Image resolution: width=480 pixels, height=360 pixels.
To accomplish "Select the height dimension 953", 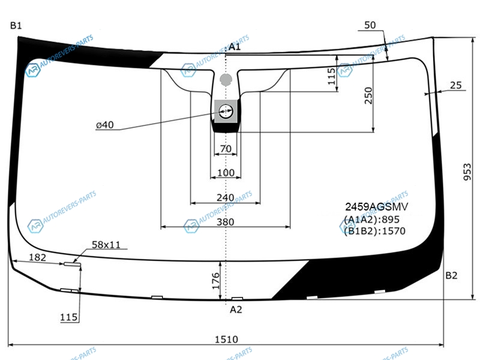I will click(467, 172).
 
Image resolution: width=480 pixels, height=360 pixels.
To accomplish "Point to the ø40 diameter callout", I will click(104, 125).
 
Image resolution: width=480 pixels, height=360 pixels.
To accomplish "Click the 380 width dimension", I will click(225, 222).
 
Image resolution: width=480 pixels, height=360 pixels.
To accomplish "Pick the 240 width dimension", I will click(225, 197).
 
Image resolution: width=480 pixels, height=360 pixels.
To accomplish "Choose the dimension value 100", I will click(226, 173).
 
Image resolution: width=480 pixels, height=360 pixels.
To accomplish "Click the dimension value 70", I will click(226, 148).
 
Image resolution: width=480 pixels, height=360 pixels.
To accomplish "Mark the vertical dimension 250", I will click(368, 96).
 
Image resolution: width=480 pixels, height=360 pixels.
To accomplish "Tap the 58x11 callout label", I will click(106, 245).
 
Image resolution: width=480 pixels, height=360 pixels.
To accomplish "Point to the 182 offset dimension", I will click(37, 257).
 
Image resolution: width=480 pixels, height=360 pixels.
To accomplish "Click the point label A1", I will click(235, 47).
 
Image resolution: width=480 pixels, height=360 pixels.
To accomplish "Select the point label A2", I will click(236, 310).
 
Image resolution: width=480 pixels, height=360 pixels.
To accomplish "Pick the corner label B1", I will click(16, 25).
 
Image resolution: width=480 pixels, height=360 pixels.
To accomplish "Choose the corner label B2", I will click(451, 275).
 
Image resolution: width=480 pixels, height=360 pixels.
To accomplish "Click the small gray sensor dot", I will click(226, 79).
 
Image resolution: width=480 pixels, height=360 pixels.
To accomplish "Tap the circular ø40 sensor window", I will click(226, 111).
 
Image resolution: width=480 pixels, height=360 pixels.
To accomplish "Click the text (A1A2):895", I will click(371, 219).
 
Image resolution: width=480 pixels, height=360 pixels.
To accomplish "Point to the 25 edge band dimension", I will click(455, 86).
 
